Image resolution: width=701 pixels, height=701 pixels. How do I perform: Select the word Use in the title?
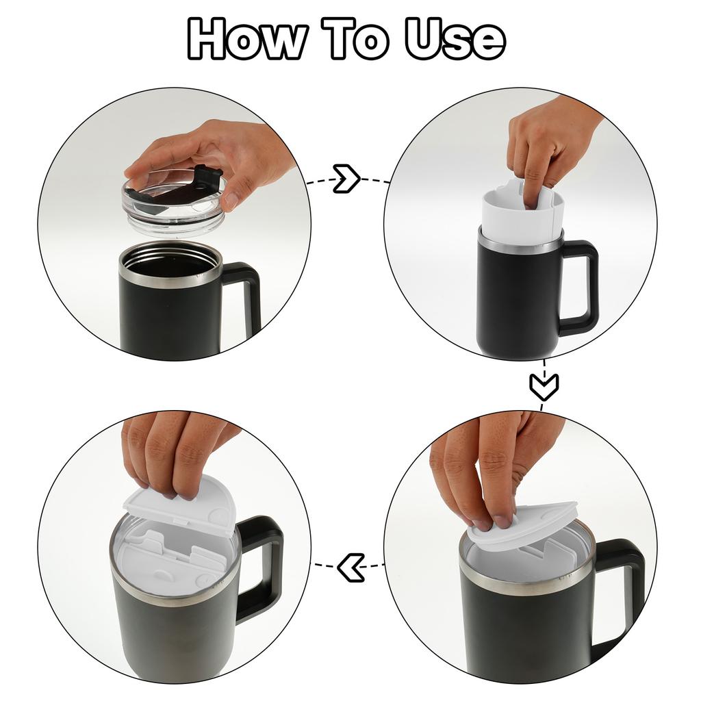tap(455, 39)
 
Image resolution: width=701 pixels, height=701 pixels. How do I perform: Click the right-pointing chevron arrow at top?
tap(346, 179)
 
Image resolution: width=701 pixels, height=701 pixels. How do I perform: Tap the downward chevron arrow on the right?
tap(544, 387)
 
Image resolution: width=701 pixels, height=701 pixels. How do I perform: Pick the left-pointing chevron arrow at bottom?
tap(350, 567)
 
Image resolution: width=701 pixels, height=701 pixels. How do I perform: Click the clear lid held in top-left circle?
tap(171, 205)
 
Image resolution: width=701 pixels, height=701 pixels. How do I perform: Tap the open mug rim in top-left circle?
tap(170, 264)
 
